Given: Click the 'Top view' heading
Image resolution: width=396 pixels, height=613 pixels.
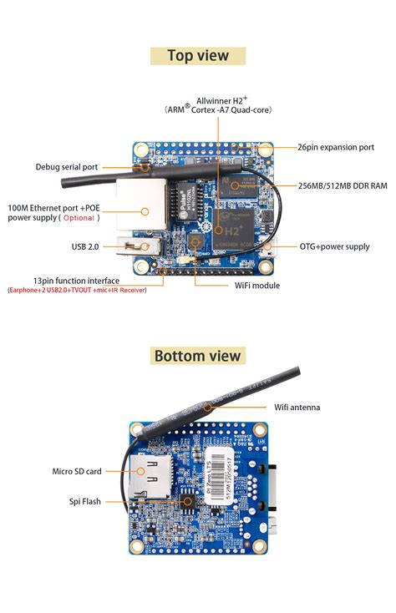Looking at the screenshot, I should tap(198, 56).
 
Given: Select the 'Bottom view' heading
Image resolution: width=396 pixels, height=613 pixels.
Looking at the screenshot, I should tap(198, 356).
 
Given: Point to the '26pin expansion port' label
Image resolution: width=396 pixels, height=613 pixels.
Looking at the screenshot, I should tap(336, 147).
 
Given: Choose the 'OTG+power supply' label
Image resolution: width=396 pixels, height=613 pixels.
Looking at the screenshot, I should tap(334, 246).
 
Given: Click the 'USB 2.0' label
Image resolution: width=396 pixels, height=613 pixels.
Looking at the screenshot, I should tap(85, 246).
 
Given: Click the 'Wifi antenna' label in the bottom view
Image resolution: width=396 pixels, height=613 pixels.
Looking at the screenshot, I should tap(297, 407).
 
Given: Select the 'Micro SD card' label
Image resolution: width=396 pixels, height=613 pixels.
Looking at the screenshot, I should tap(77, 471).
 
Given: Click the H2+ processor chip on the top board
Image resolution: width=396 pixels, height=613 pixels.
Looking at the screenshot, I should tap(223, 224).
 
